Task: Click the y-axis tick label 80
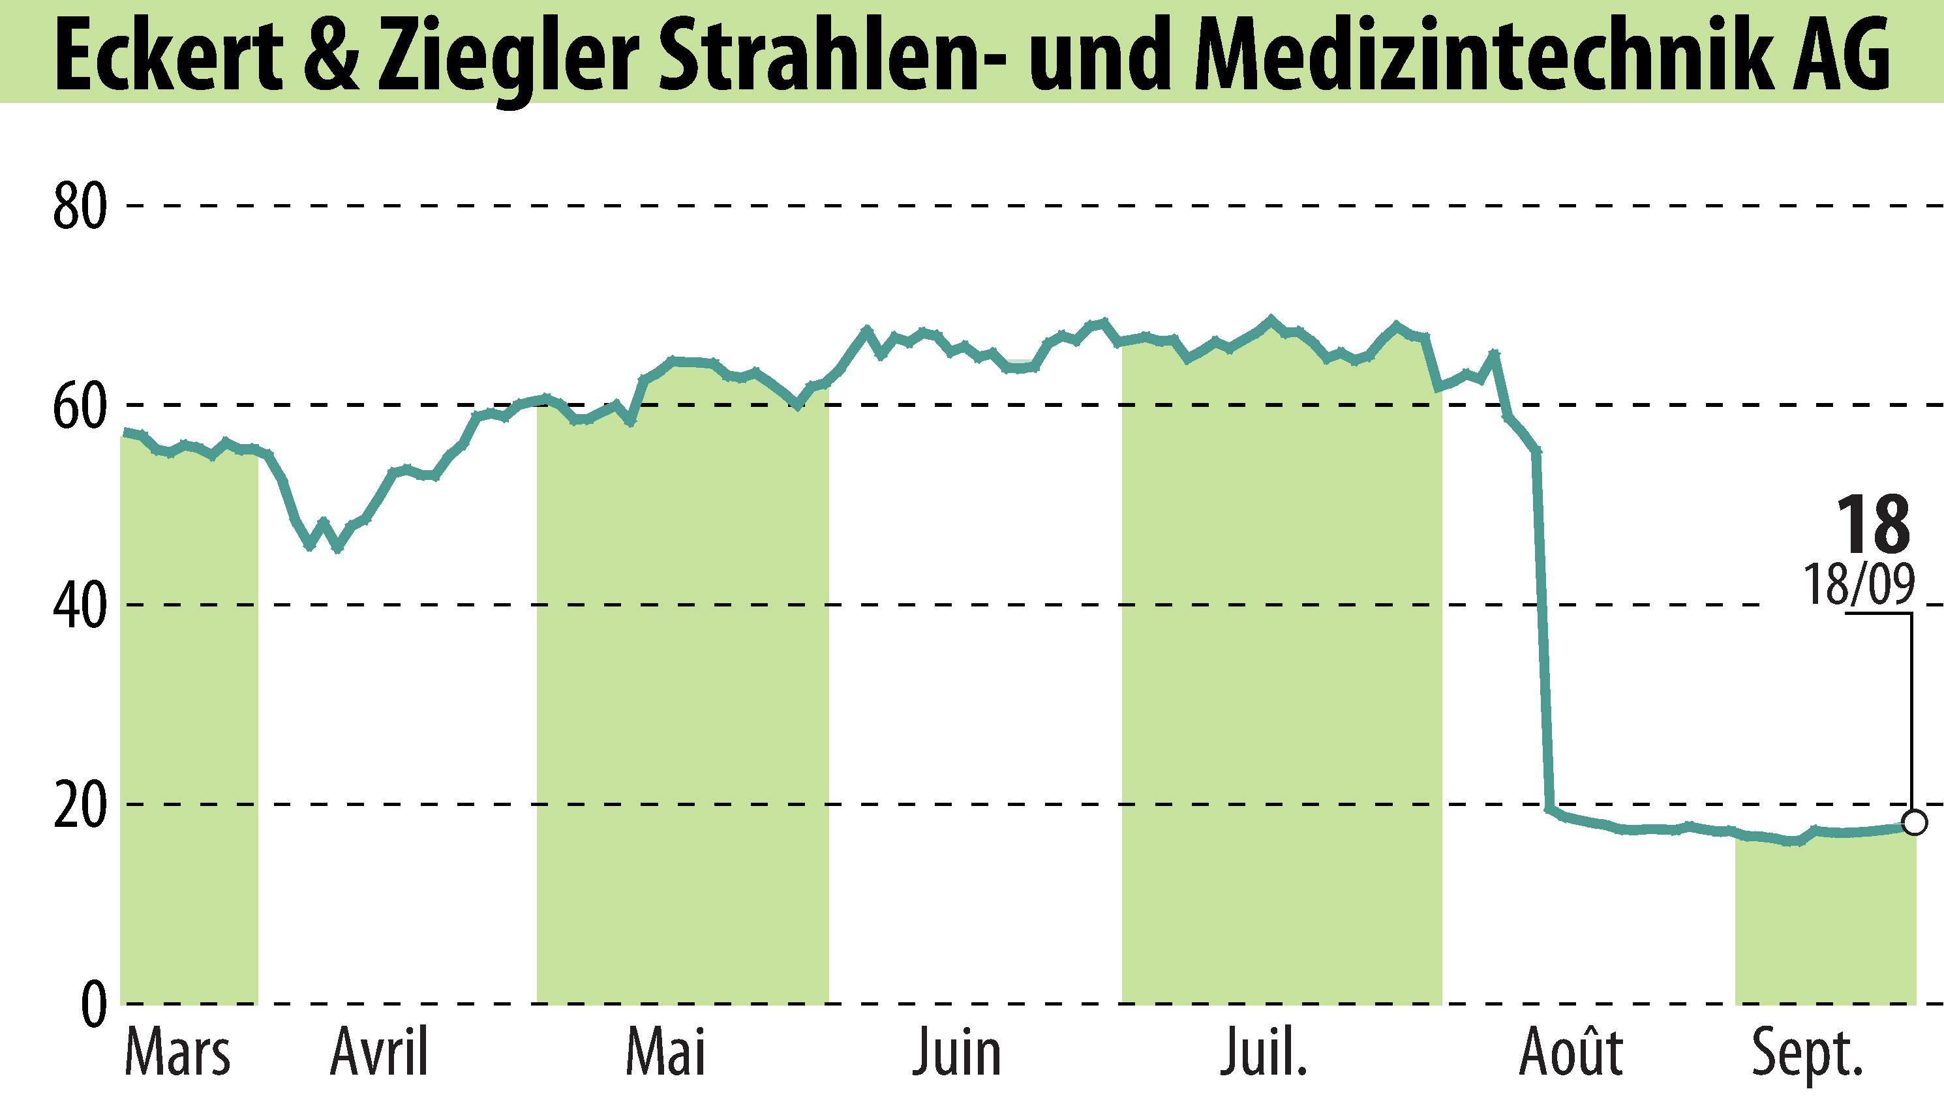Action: (80, 207)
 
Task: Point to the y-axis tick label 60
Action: (80, 407)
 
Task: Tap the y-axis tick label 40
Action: (80, 606)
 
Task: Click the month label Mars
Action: (177, 1053)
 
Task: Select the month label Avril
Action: (379, 1053)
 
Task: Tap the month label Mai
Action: (665, 1053)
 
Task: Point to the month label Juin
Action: (956, 1053)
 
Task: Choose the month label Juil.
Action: (1264, 1053)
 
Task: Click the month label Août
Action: (1571, 1053)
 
